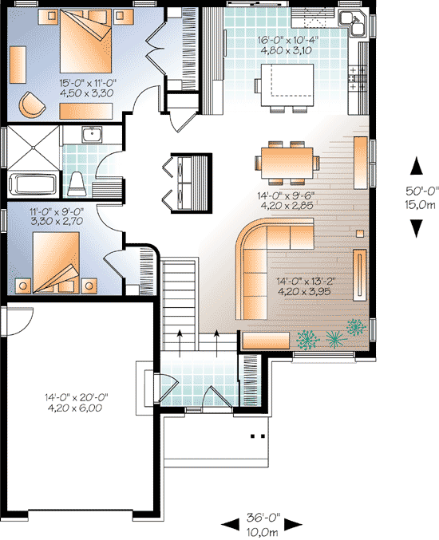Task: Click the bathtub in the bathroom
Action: [33, 183]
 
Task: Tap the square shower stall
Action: [33, 145]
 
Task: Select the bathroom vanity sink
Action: [93, 134]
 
